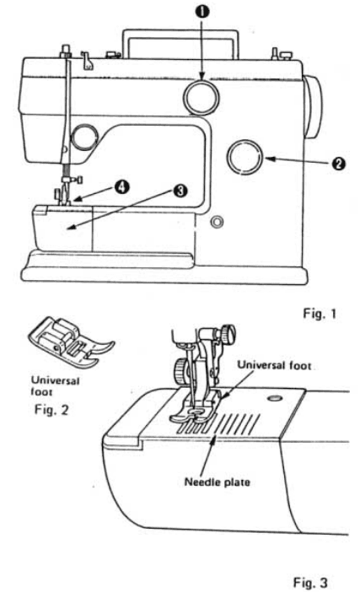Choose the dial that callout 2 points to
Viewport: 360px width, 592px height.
coord(246,156)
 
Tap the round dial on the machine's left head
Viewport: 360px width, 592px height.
coord(85,134)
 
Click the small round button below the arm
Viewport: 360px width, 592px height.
coord(219,223)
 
